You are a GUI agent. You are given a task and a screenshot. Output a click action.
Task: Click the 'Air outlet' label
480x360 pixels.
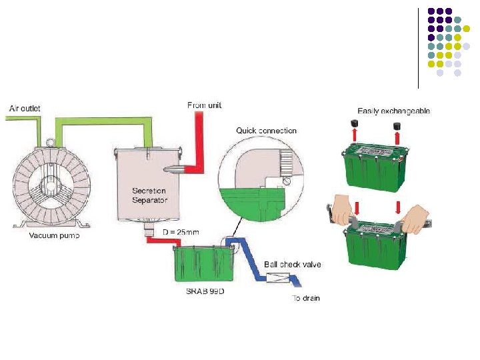click(x=24, y=107)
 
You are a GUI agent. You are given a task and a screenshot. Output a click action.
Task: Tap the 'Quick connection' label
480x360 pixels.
click(x=267, y=130)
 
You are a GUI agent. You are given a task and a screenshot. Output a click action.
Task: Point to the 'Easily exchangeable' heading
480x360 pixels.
click(x=393, y=111)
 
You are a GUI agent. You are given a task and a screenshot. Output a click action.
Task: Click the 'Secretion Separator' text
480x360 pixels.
click(x=149, y=195)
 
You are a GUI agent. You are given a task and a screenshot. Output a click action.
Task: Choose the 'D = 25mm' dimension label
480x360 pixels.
click(x=181, y=231)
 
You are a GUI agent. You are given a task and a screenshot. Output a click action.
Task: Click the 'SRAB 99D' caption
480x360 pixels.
click(x=204, y=291)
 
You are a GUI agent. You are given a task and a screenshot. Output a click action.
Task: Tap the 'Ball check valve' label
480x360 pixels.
click(x=293, y=264)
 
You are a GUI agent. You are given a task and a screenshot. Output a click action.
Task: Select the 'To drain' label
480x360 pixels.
click(x=306, y=298)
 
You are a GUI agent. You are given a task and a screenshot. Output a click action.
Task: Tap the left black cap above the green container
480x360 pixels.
click(x=356, y=125)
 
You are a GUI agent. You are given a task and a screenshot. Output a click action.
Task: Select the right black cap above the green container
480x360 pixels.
click(x=397, y=125)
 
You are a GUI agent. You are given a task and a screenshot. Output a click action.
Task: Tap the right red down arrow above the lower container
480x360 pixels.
click(x=398, y=207)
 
